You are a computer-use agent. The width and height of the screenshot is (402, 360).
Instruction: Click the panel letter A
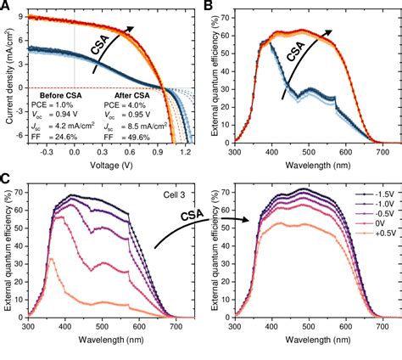coord(7,7)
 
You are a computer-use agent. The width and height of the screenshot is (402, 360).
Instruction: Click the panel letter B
coord(207,7)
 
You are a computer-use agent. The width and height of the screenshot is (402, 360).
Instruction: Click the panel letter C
coord(7,180)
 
